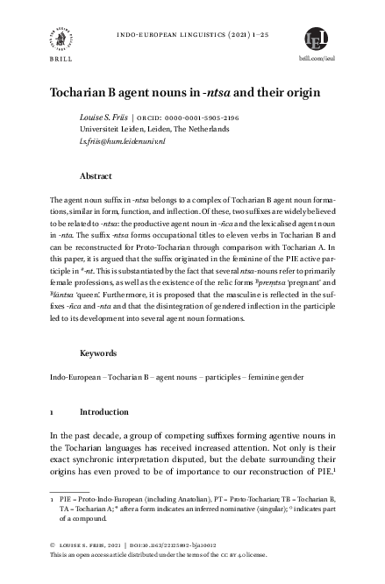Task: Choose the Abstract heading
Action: [x=95, y=175]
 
